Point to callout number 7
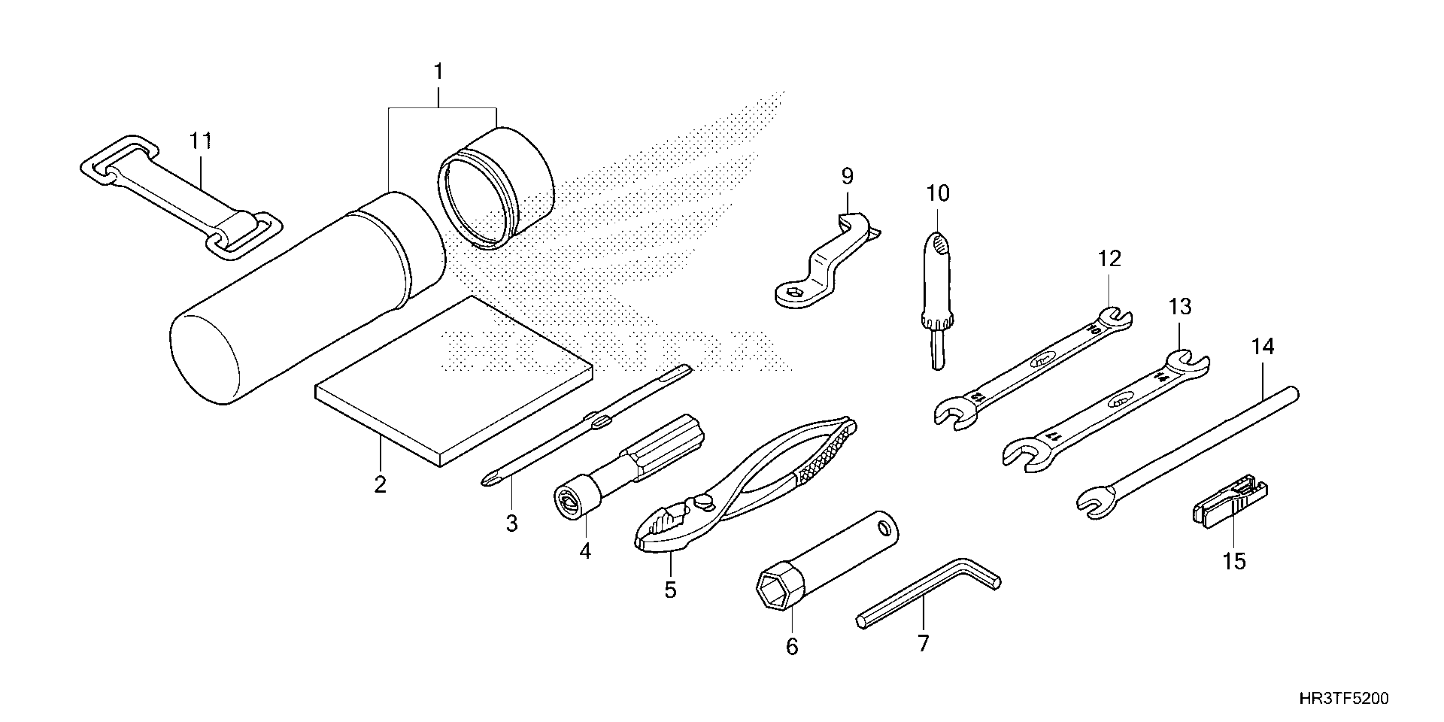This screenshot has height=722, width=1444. click(923, 643)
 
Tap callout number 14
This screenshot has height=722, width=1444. click(1263, 347)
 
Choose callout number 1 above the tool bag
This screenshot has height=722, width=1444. click(438, 72)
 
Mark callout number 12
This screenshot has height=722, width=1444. click(1109, 259)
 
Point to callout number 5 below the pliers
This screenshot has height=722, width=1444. click(671, 590)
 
